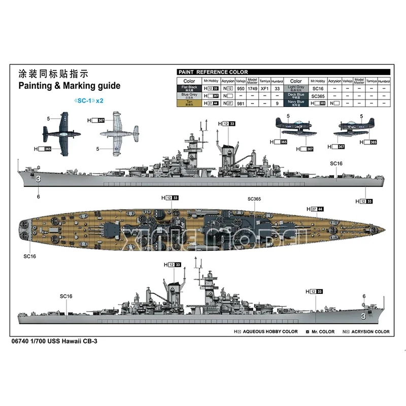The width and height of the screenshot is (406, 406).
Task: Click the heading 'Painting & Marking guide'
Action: point(69,86)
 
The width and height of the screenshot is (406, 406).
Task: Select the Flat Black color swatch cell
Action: point(189,88)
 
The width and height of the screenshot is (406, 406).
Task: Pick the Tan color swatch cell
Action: point(189,103)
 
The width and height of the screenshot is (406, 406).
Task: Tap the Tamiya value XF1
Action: point(264,88)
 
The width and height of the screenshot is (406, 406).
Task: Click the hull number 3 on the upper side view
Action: point(38,179)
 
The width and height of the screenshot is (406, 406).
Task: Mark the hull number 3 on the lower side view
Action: point(363,317)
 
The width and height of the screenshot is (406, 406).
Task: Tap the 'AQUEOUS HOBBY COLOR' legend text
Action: point(269,331)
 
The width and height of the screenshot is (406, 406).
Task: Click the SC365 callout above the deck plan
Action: point(254,199)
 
